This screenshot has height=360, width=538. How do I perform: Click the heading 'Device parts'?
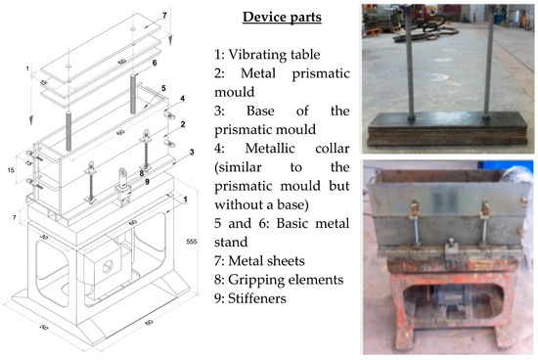[x=284, y=19]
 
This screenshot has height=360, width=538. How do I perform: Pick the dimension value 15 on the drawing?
[x=10, y=170]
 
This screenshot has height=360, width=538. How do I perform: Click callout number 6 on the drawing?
[x=153, y=62]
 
